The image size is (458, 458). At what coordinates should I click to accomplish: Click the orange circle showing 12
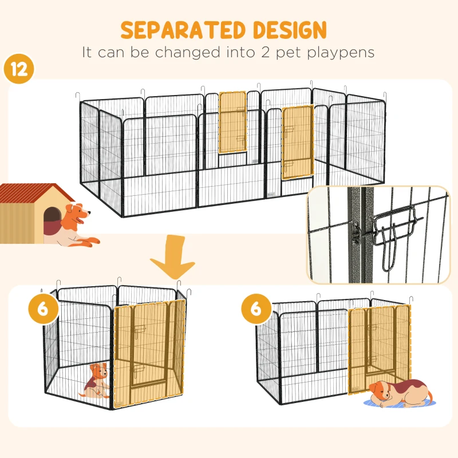[x=18, y=69]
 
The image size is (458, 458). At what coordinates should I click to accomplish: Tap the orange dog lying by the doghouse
[x=77, y=226]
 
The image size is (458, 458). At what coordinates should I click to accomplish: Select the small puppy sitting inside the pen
[x=97, y=381]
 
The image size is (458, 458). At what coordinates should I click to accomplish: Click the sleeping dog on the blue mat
[x=398, y=393]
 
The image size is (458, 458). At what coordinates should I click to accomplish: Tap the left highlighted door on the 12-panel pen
[x=232, y=123]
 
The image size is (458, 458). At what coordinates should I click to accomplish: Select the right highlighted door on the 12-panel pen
[x=297, y=141]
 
